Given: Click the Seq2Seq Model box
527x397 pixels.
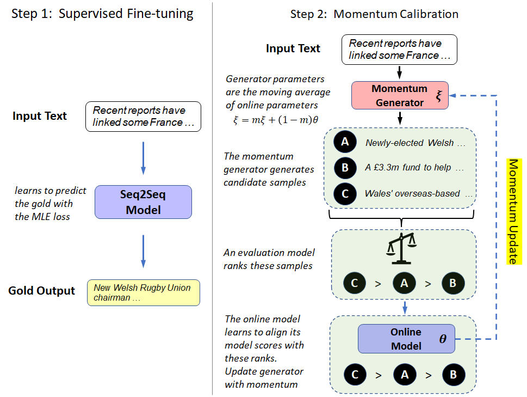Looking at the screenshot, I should point(143,202).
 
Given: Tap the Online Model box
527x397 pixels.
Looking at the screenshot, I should point(406,338).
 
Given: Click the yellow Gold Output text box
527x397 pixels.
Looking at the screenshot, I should point(143,293).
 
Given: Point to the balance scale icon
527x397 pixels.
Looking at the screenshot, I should point(400,245).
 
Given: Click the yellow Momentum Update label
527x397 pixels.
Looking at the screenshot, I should point(512,211).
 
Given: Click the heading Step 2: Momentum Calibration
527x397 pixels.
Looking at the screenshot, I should point(374,14).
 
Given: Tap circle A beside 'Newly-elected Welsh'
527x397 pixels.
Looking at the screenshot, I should point(345,143).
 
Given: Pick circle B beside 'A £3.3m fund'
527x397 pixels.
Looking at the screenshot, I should point(345,168).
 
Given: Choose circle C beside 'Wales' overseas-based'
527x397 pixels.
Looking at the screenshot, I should point(345,193).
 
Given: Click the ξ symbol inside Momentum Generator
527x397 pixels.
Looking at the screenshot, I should point(439,96).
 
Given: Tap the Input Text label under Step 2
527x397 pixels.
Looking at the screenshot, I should point(293,48).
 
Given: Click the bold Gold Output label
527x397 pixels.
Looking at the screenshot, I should point(41,291).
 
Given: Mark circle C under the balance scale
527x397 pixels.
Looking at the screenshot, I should point(355,283).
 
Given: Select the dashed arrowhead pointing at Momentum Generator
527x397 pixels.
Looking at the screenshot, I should point(455,96).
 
